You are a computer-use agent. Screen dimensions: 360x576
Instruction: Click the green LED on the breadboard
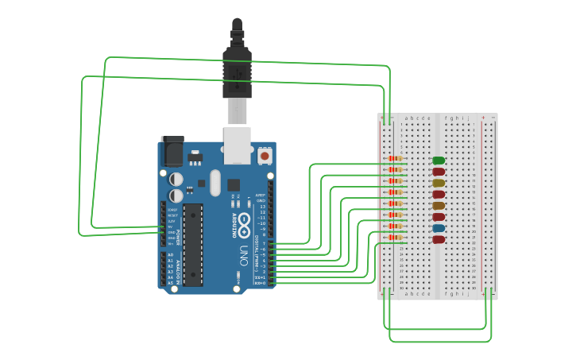click(x=438, y=161)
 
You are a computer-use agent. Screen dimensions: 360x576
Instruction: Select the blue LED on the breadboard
click(x=438, y=228)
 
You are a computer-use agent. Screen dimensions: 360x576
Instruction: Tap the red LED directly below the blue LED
click(x=438, y=239)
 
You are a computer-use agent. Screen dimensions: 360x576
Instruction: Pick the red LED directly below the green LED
click(x=438, y=172)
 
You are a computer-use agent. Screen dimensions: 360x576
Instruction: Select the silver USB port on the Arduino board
click(x=237, y=145)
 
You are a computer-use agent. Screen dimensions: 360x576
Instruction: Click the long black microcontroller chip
click(x=193, y=243)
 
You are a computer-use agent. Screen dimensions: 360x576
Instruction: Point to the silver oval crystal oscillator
click(x=215, y=182)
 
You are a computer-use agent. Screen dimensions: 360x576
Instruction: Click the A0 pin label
click(x=170, y=255)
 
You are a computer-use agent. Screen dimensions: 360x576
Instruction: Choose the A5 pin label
click(x=170, y=283)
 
